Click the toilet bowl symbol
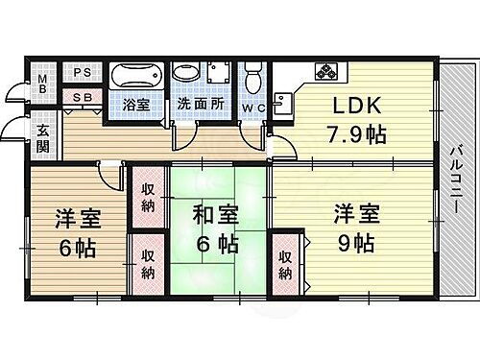click(x=253, y=77)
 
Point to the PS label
click(x=83, y=70)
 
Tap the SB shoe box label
click(x=83, y=97)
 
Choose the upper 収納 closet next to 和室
click(x=149, y=196)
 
